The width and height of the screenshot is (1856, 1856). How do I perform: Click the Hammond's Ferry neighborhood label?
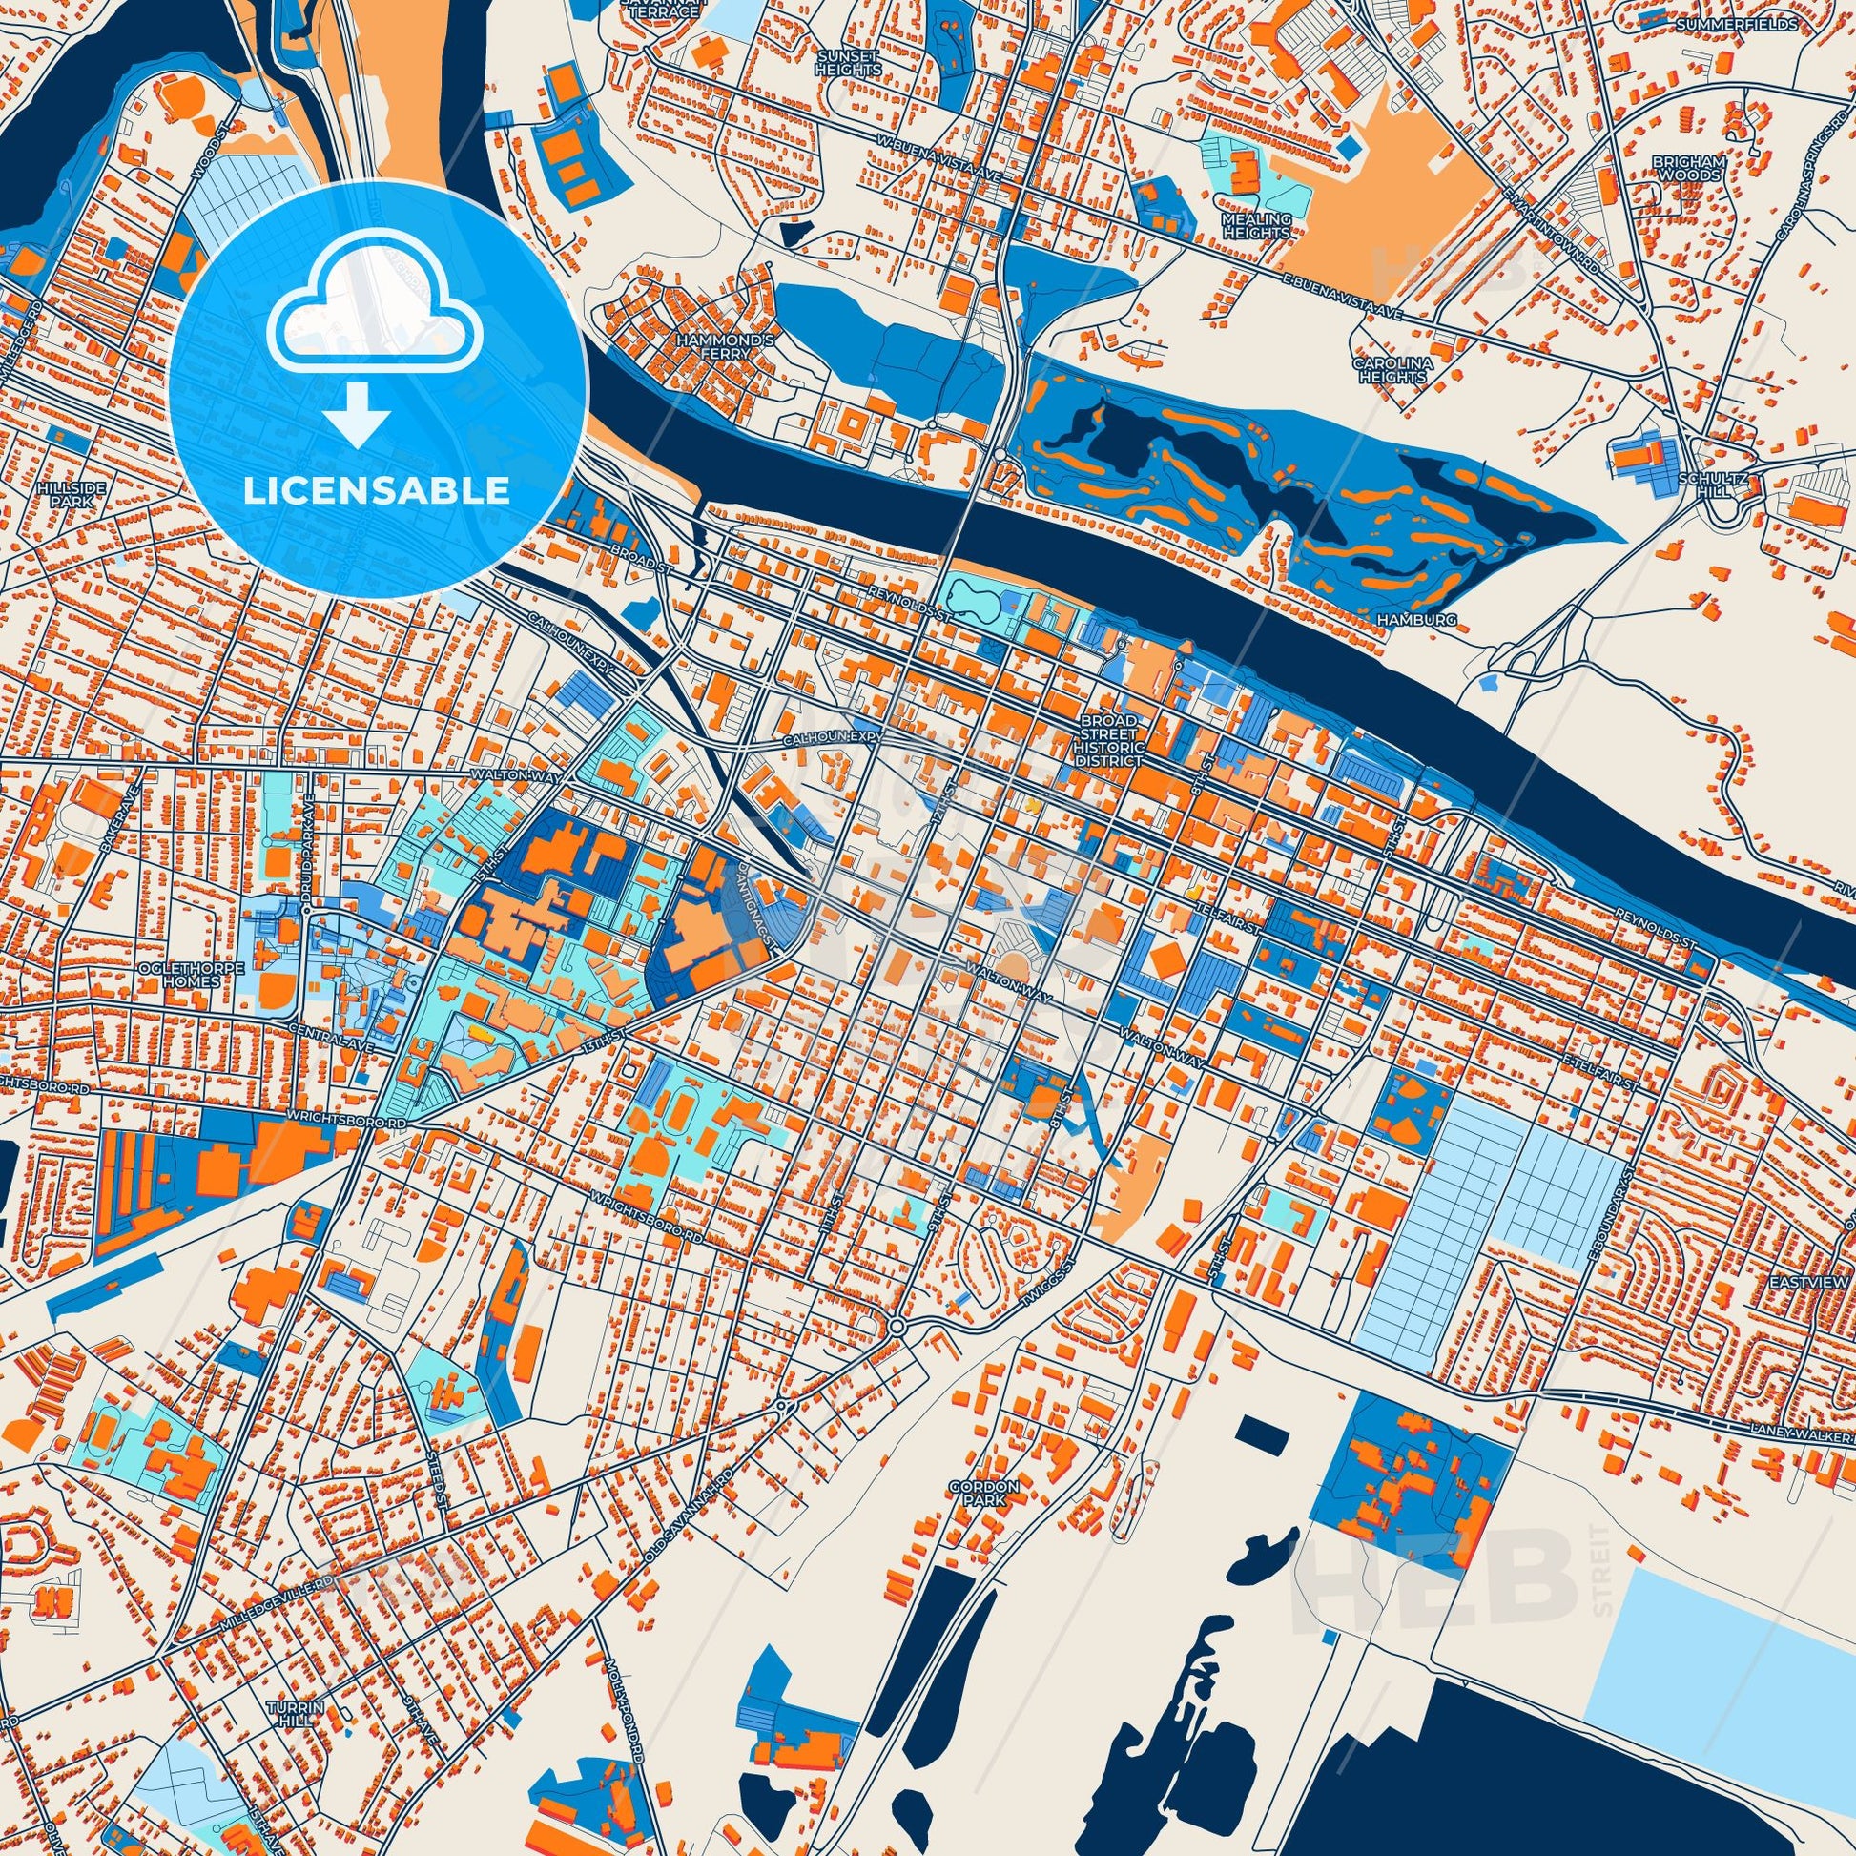coord(711,347)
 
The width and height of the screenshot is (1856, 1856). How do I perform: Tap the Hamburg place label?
coord(1416,622)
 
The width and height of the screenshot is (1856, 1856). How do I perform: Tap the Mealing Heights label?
coord(1255,226)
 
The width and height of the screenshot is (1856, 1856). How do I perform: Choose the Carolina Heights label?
coord(1392,370)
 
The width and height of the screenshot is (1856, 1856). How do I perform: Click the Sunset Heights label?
coord(848,63)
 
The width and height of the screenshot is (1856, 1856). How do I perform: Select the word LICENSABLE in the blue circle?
coord(376,491)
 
